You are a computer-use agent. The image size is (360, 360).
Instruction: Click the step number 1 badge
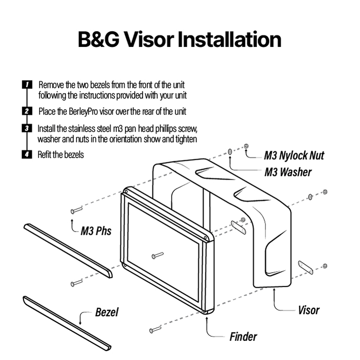pos(26,85)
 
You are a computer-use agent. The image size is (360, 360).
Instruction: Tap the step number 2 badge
pos(26,111)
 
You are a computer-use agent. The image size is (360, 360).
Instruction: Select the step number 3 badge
pos(26,128)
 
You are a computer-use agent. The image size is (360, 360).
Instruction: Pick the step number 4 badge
pos(26,154)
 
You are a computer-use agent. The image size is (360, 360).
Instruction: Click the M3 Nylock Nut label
pos(294,155)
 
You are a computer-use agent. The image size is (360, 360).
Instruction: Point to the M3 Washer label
pos(287,172)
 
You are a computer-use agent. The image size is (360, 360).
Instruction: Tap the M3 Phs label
pos(95,230)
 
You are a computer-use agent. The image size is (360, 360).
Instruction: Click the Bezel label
pos(106,312)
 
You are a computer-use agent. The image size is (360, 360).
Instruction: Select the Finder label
pos(243,337)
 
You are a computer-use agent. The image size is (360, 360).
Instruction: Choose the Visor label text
pos(308,310)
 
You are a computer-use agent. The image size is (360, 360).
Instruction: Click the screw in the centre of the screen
pos(158,255)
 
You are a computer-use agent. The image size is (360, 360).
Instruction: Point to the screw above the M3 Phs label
pos(77,210)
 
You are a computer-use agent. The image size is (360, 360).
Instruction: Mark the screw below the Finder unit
pos(155,330)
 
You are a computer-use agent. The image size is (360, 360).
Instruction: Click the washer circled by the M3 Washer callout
pos(230,151)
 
